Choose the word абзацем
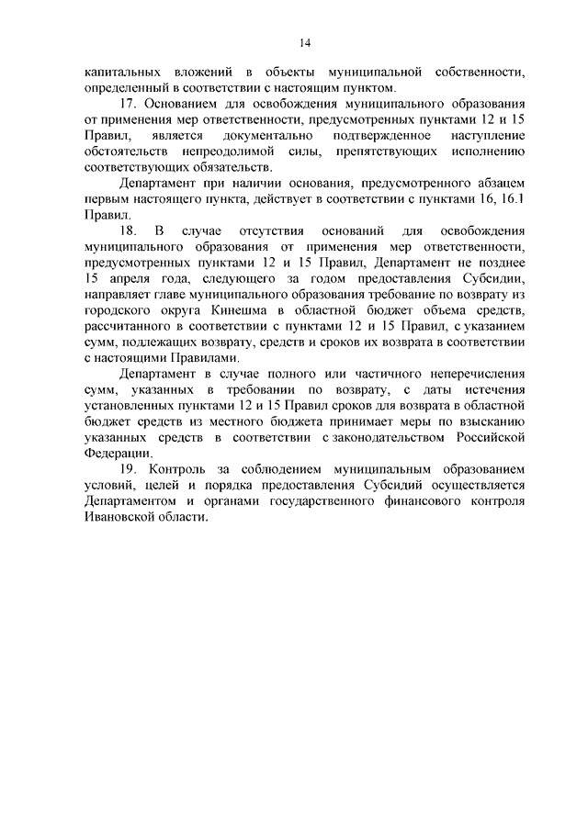493,184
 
